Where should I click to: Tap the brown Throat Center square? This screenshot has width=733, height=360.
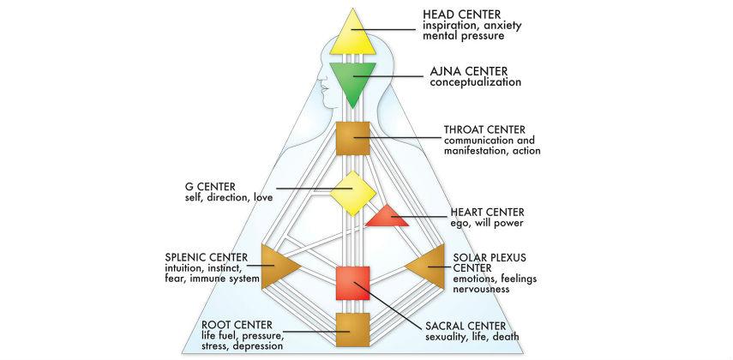tap(353, 138)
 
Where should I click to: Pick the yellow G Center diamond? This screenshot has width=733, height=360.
tap(353, 193)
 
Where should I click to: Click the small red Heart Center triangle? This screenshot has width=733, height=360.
tap(388, 218)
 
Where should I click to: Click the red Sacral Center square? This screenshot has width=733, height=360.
tap(353, 283)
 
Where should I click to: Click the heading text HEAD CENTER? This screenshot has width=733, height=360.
tap(462, 15)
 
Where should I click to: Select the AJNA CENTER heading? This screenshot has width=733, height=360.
tap(469, 71)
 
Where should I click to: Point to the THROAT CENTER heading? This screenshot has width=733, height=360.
tap(484, 129)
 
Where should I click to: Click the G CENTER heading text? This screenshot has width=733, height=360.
tap(210, 187)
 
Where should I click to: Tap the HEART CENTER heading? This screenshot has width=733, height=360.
tap(487, 213)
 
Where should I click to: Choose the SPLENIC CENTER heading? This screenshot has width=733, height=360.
tap(206, 258)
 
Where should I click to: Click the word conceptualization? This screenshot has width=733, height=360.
tap(476, 83)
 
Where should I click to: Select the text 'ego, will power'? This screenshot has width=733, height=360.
tap(487, 224)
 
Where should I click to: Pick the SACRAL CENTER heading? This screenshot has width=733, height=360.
tap(466, 326)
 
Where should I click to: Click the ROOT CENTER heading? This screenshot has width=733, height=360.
tap(237, 325)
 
